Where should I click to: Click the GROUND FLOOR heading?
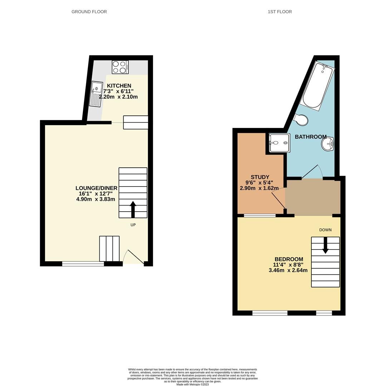point(89,12)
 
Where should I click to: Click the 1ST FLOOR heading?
point(280,12)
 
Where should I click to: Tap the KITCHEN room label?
point(119,86)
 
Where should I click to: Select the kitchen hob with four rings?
point(120,67)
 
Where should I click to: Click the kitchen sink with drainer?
point(96,94)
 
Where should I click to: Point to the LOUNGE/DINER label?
point(96,188)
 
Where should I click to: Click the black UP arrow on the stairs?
point(133,209)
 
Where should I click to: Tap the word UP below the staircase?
point(133,225)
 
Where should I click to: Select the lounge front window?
point(83,264)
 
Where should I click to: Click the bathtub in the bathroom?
point(318,85)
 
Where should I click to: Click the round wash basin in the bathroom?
point(327,144)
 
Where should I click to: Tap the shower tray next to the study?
point(279,143)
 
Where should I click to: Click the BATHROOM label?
point(310,137)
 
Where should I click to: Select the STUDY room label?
point(260,177)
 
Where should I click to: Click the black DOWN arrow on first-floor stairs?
point(325,246)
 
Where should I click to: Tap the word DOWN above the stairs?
point(325,230)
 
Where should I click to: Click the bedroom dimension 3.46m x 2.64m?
point(288,271)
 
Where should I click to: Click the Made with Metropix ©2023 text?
point(192,384)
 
